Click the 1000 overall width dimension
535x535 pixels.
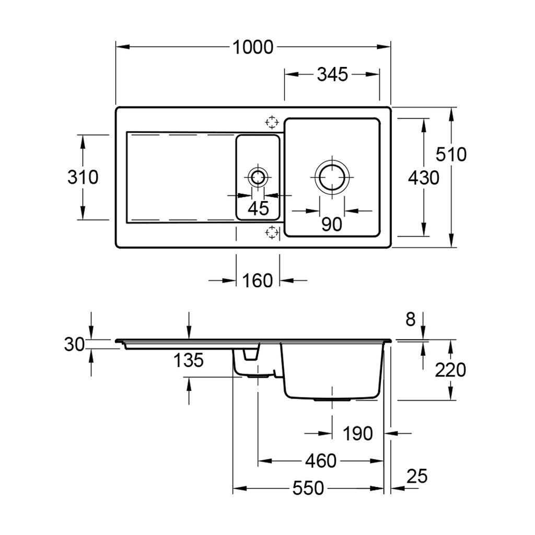(253, 48)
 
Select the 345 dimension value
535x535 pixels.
(332, 75)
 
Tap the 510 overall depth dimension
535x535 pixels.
(451, 155)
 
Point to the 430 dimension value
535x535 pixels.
(423, 178)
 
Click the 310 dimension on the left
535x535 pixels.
(83, 178)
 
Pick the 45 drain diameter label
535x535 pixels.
(258, 208)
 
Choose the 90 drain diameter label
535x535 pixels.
(332, 224)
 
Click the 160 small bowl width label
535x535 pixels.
(258, 281)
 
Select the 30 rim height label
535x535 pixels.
(74, 344)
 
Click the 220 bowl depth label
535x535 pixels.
(450, 370)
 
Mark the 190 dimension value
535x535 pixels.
(358, 433)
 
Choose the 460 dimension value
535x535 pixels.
(320, 461)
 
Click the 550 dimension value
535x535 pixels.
(308, 489)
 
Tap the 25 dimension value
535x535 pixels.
(417, 476)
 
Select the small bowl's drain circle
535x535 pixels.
(257, 177)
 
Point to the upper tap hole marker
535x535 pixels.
(272, 122)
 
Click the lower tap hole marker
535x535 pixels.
(272, 232)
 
